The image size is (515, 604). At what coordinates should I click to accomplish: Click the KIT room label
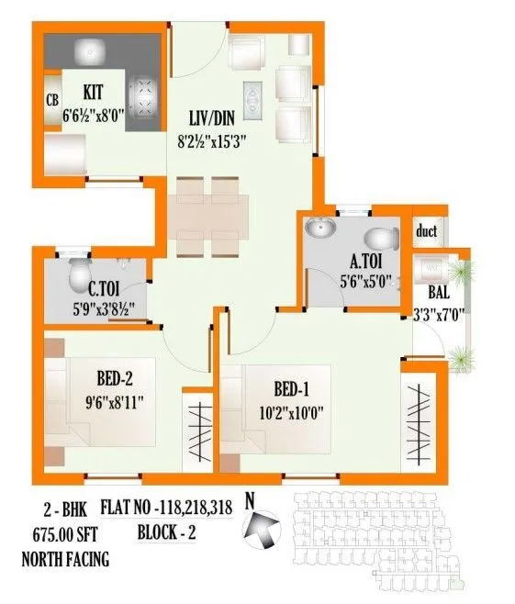click(x=93, y=93)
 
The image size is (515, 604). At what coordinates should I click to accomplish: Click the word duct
click(x=426, y=230)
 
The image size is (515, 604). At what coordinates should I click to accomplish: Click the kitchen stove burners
click(x=144, y=90)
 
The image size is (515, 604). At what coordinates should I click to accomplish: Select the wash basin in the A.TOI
click(x=322, y=229)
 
